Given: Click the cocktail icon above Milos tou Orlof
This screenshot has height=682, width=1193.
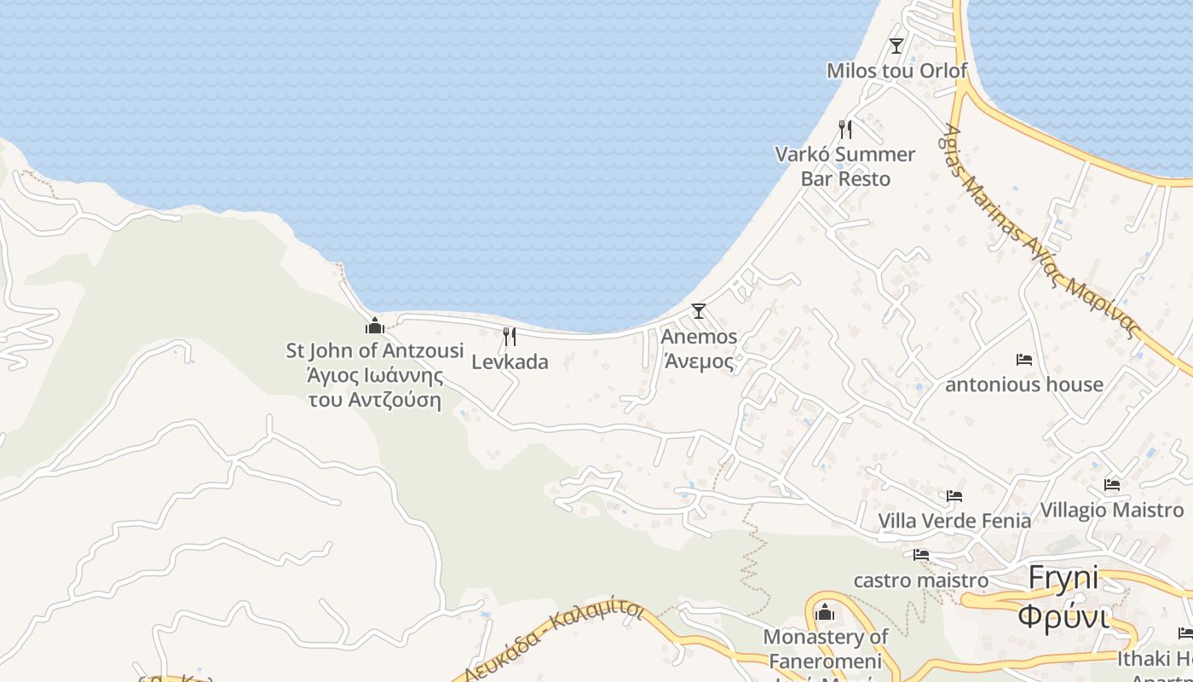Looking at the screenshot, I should coord(896,45).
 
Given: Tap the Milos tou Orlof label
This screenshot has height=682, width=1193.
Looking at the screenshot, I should coord(896,70).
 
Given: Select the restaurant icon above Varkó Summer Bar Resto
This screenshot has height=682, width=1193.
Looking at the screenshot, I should coord(845,130).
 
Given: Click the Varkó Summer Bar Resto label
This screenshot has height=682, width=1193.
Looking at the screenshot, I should coord(845,166).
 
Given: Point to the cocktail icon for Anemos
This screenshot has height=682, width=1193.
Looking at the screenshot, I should coord(699,311).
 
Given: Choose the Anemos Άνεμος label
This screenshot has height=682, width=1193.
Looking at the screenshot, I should coord(699,349).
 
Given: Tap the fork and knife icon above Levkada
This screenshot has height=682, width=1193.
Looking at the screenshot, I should coord(510,337).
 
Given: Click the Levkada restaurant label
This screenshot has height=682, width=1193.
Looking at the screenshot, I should coord(510,362).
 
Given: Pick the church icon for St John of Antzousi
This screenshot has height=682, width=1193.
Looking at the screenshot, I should coord(375,326).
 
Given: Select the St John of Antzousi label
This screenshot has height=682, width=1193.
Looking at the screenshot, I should coord(375,375).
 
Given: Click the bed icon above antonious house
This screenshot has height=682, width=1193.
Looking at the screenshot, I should coord(1024,360).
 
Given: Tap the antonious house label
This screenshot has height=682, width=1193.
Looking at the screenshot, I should coord(1024,384).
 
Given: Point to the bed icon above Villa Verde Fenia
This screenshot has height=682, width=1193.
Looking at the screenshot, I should coord(954,495).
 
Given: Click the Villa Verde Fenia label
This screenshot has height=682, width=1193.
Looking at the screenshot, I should coord(954,520).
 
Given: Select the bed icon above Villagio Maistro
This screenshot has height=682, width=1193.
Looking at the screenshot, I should coord(1112,485).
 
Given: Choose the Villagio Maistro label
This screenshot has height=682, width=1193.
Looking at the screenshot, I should coord(1112,510).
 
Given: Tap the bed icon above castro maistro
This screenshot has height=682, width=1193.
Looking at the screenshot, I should coord(921,555).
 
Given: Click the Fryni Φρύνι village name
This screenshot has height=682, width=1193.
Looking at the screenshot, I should coord(1063,596).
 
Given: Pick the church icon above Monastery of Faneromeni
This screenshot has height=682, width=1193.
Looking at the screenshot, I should coord(825,612).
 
